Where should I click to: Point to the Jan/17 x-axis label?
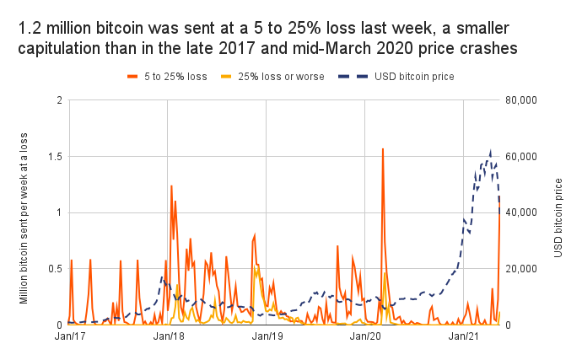click(x=67, y=336)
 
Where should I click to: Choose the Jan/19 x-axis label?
click(x=266, y=336)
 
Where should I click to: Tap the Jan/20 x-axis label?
click(x=364, y=336)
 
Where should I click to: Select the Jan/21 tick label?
click(x=464, y=336)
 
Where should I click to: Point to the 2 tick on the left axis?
click(x=57, y=100)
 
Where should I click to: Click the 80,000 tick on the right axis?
click(x=522, y=100)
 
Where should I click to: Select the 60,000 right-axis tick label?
click(x=522, y=156)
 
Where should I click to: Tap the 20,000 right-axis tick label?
click(x=522, y=268)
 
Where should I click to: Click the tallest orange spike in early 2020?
click(x=383, y=149)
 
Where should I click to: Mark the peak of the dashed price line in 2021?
click(x=491, y=153)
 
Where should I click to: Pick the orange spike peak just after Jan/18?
click(x=171, y=186)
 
